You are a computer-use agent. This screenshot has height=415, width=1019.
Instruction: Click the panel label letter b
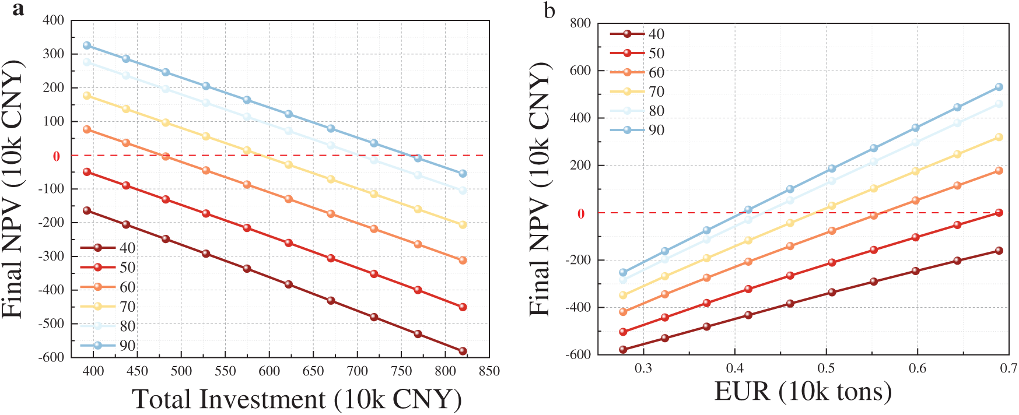tap(549, 10)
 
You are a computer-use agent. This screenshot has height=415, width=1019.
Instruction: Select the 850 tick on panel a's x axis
tap(489, 371)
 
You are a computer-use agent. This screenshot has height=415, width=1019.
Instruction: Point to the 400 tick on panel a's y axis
tap(54, 20)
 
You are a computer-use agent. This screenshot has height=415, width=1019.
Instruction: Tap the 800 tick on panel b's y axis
tap(580, 23)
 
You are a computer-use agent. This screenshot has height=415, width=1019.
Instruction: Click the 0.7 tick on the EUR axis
tap(1009, 368)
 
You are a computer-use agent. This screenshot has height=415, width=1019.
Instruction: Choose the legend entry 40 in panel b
tap(656, 34)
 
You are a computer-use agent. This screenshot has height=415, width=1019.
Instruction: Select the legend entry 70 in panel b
tap(656, 92)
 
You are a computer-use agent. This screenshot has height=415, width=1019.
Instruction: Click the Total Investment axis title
tap(297, 400)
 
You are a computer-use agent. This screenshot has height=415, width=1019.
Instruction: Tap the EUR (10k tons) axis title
tap(803, 392)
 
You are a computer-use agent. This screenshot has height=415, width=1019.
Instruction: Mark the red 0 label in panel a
tap(57, 156)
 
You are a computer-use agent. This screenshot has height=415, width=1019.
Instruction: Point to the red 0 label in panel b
tap(581, 214)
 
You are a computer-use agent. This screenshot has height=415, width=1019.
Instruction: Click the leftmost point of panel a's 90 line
tap(87, 45)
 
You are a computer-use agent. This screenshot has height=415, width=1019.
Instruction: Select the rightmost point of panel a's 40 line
tap(463, 351)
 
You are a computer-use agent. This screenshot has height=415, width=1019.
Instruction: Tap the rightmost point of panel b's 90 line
tap(999, 87)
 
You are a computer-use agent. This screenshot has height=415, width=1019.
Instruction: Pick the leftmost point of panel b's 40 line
tap(623, 350)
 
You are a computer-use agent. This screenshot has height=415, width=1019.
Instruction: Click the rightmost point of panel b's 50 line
tap(999, 213)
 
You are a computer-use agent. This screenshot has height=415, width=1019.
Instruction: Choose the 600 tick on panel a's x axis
tap(269, 371)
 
